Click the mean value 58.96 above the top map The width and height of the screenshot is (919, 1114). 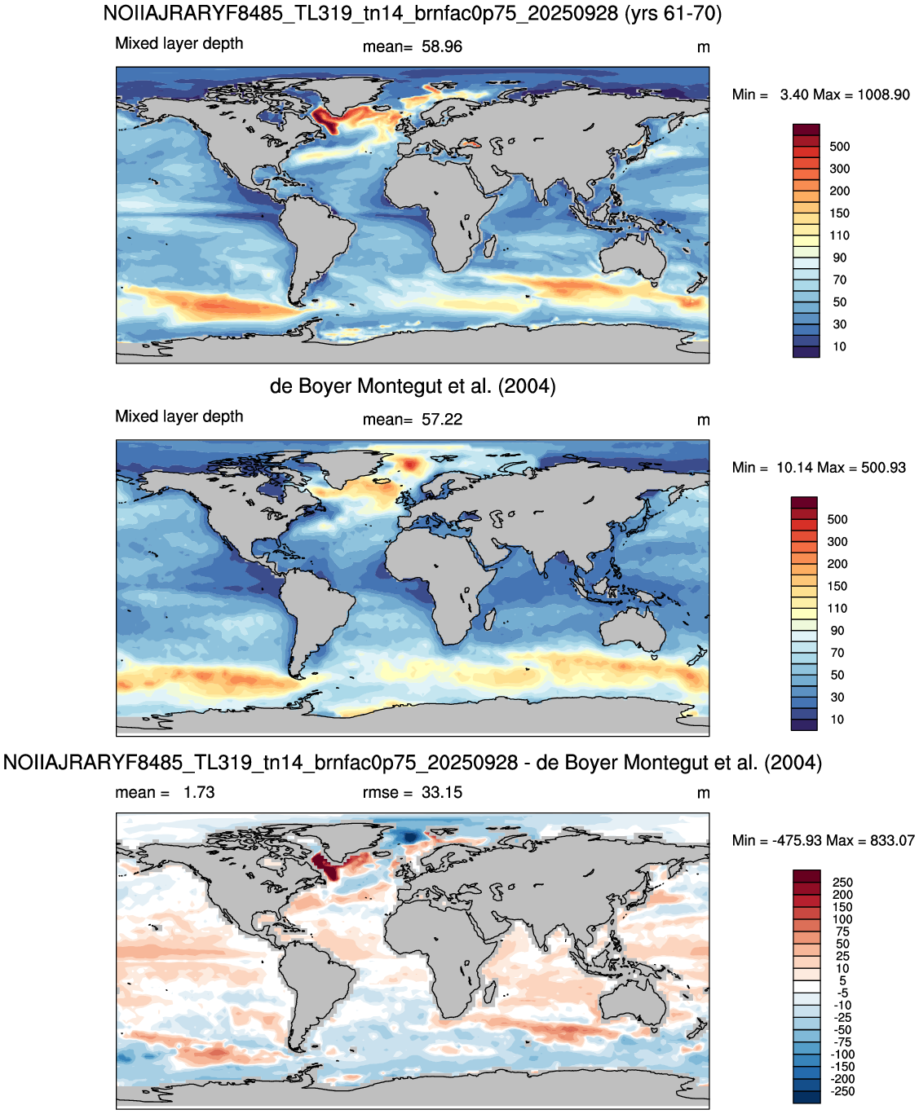(442, 46)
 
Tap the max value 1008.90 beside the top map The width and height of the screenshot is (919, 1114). (883, 95)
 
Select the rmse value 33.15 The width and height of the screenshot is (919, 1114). (442, 792)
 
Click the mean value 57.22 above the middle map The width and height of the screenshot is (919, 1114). (442, 420)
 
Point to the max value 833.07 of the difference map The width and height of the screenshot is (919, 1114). (892, 840)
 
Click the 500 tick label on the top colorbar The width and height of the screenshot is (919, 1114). (839, 147)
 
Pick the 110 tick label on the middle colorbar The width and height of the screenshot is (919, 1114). (837, 608)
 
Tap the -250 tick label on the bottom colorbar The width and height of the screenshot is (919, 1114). (842, 1091)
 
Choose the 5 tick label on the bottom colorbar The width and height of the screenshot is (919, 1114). (842, 980)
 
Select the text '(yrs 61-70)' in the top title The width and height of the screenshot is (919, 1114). (674, 13)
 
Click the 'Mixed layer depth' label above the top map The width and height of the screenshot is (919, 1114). (179, 43)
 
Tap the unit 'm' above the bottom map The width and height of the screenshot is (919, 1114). (703, 794)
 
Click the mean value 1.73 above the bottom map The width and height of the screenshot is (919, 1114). (199, 792)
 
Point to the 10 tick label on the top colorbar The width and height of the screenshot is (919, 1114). (839, 347)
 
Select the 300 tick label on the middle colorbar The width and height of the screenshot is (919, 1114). (837, 542)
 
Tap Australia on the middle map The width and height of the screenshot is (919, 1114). (634, 632)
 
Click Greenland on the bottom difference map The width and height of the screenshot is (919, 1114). (342, 839)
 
